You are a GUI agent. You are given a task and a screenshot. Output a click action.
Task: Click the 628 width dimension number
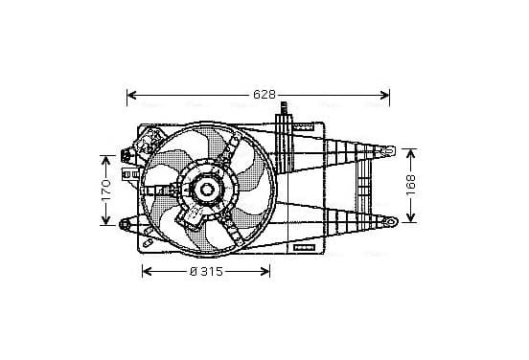264,95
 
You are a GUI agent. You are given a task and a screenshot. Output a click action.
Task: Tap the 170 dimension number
106,191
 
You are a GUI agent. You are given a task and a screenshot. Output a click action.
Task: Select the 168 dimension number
410,185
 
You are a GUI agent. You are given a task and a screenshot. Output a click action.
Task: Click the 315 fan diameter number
212,271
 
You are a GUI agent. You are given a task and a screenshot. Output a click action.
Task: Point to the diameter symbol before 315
194,271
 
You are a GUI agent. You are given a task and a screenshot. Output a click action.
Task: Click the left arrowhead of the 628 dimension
132,95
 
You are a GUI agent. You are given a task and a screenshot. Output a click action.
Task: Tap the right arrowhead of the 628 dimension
384,95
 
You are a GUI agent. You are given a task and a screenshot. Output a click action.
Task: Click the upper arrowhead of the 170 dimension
106,161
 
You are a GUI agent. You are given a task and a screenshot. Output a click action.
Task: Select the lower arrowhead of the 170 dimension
106,220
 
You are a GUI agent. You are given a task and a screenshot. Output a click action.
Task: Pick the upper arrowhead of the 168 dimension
410,154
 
